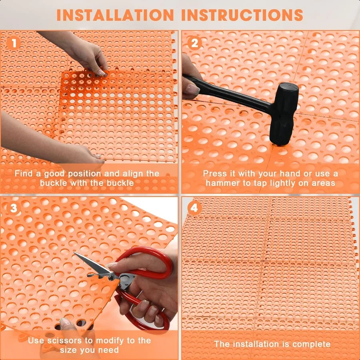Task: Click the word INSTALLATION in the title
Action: pos(115,15)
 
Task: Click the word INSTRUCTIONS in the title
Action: pos(242,15)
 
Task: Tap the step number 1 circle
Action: pos(14,43)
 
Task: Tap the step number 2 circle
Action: pos(195,43)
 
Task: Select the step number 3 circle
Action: pos(14,208)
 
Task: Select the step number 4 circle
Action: pos(195,208)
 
